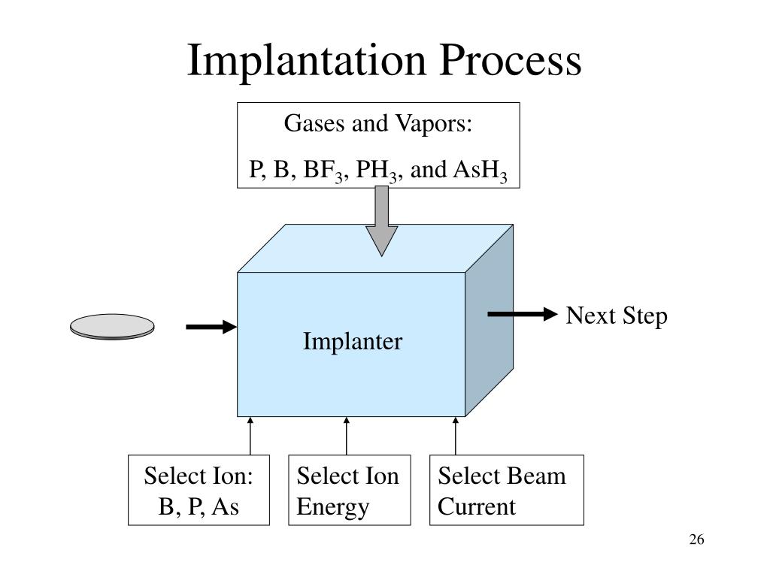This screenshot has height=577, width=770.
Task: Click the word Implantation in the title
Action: point(307,61)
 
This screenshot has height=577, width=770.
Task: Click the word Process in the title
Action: point(511,60)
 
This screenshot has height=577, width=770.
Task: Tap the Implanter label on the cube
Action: point(353,342)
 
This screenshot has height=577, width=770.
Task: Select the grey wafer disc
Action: point(112,327)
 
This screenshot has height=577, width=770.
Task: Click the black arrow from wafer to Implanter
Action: point(211,327)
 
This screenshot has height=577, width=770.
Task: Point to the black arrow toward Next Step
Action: point(523,314)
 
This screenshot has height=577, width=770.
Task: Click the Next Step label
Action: point(617,316)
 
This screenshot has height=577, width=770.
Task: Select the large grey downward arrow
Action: point(381,221)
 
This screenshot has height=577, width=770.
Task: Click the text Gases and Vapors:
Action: point(377,123)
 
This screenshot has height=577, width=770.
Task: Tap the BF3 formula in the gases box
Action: point(323,171)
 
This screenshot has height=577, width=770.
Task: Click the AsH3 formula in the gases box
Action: point(480,171)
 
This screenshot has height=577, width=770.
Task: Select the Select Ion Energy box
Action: point(349,490)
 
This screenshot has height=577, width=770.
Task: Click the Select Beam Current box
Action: point(507,490)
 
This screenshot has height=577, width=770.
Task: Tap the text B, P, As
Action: point(199,507)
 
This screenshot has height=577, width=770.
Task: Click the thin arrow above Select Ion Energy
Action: point(346,437)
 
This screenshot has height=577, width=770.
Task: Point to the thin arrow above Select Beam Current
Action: point(455,437)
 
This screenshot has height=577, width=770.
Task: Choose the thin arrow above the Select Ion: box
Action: point(250,437)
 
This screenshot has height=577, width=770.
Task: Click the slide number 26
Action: point(696,539)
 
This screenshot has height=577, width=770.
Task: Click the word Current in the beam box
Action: point(476,507)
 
